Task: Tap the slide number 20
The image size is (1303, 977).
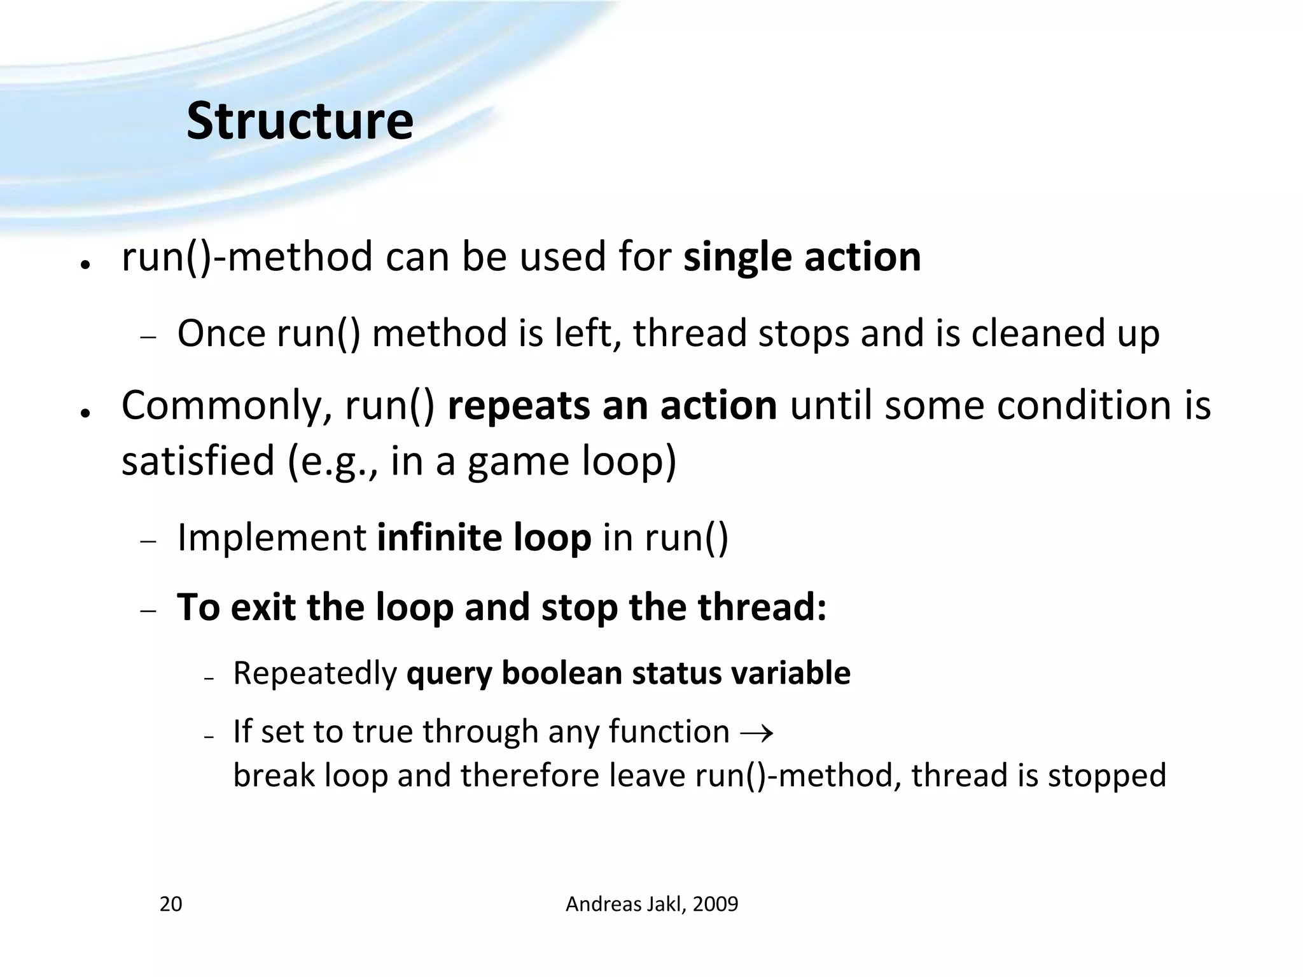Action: click(x=171, y=904)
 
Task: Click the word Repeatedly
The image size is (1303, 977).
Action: click(x=315, y=674)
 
